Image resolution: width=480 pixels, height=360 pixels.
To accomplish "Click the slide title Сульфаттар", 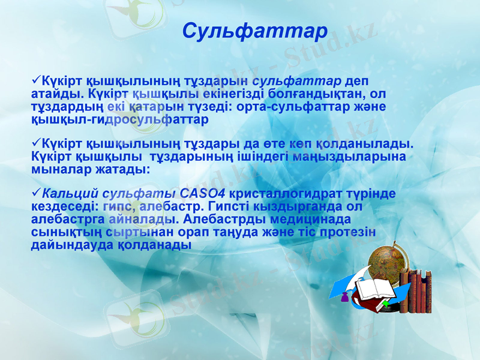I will click(x=254, y=31).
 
